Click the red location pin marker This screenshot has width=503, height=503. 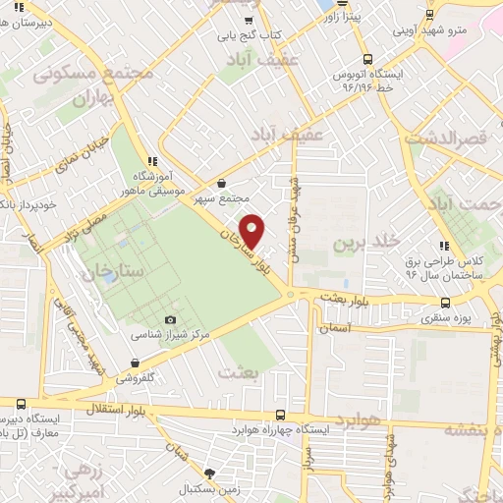click(x=252, y=230)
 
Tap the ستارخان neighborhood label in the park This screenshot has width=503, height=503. click(x=112, y=268)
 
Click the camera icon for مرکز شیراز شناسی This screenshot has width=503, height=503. click(x=170, y=319)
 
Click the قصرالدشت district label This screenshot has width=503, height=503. click(x=460, y=140)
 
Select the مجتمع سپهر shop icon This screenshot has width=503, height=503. click(x=221, y=184)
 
